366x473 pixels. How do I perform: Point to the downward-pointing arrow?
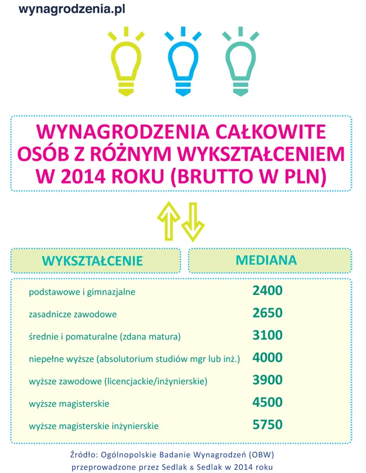pyautogui.click(x=192, y=220)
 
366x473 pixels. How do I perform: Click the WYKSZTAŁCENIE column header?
pyautogui.click(x=93, y=261)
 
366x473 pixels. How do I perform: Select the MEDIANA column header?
pyautogui.click(x=266, y=260)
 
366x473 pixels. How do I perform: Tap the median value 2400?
pyautogui.click(x=267, y=291)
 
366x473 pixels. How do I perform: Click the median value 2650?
pyautogui.click(x=267, y=313)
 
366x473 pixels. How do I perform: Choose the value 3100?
pyautogui.click(x=267, y=336)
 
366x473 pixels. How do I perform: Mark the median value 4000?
pyautogui.click(x=267, y=358)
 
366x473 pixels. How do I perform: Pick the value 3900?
pyautogui.click(x=267, y=380)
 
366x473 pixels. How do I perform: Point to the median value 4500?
pyautogui.click(x=267, y=402)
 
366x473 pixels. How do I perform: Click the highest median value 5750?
pyautogui.click(x=267, y=425)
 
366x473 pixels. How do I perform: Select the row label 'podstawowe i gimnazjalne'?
pyautogui.click(x=82, y=292)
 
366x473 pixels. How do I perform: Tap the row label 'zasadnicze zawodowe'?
pyautogui.click(x=73, y=314)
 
